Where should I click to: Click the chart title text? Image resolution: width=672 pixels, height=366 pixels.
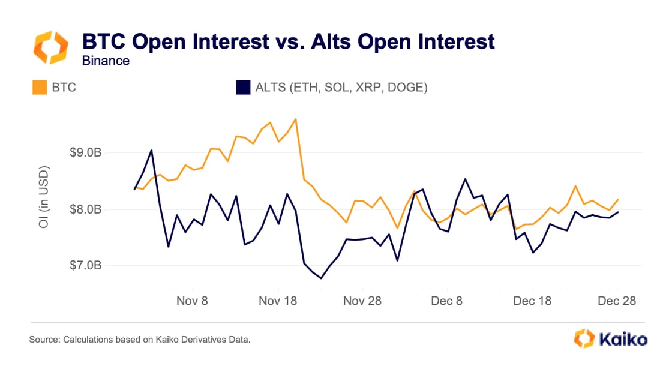pyautogui.click(x=288, y=41)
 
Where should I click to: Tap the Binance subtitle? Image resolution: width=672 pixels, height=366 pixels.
pyautogui.click(x=106, y=61)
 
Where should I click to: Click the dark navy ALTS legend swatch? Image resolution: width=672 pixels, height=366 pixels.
pyautogui.click(x=243, y=88)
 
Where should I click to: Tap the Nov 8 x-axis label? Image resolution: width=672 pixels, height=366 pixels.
pyautogui.click(x=192, y=300)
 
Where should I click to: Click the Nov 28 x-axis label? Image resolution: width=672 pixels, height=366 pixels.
pyautogui.click(x=362, y=300)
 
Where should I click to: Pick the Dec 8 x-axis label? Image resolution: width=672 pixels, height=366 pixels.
pyautogui.click(x=446, y=300)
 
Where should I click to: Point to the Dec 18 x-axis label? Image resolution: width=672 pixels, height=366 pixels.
pyautogui.click(x=532, y=300)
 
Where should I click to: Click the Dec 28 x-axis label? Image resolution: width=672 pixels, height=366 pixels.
pyautogui.click(x=616, y=300)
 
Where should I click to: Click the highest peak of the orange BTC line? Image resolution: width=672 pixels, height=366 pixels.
pyautogui.click(x=296, y=119)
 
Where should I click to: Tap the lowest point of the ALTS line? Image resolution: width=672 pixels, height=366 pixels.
pyautogui.click(x=321, y=278)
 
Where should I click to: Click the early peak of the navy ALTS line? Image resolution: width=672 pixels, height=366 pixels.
pyautogui.click(x=151, y=150)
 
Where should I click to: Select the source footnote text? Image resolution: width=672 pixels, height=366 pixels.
pyautogui.click(x=139, y=340)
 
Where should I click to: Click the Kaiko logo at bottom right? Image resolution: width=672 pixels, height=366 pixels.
pyautogui.click(x=611, y=338)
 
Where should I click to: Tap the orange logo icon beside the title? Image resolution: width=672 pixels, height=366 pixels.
pyautogui.click(x=50, y=48)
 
